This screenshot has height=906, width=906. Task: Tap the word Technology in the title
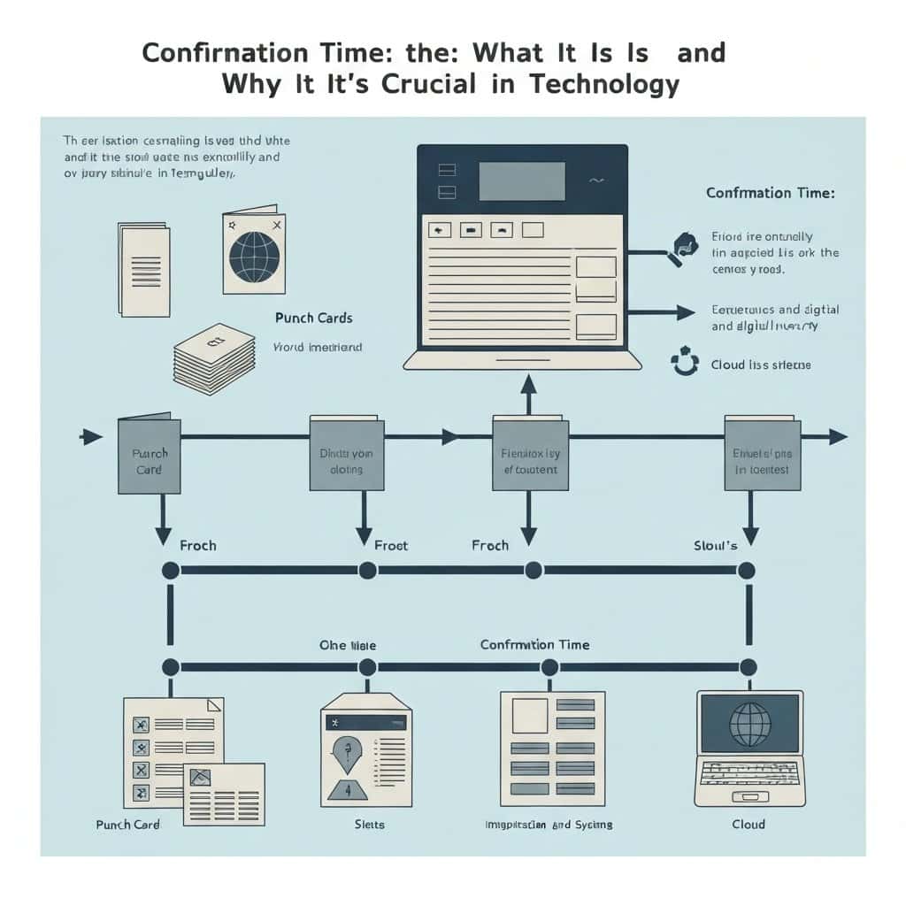click(x=605, y=84)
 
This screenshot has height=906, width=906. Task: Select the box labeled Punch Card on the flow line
click(x=149, y=456)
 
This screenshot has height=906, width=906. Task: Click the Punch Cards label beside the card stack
click(x=313, y=318)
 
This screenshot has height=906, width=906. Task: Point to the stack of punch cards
click(x=213, y=357)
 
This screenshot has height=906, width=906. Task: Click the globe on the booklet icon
click(x=254, y=257)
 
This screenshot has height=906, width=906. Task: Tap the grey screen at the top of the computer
click(x=521, y=180)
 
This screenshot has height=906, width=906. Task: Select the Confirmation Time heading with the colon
click(x=770, y=193)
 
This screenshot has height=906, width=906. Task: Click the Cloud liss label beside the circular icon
click(x=760, y=365)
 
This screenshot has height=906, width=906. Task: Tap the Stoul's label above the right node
click(x=716, y=545)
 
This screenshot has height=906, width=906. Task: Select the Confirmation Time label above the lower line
click(x=534, y=644)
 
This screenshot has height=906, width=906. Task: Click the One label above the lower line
click(x=345, y=645)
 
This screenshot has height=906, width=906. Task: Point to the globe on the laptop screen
click(x=749, y=723)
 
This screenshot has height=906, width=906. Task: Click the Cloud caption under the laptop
click(x=749, y=824)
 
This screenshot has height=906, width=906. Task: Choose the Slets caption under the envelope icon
click(x=369, y=824)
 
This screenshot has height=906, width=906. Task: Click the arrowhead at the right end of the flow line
click(x=836, y=436)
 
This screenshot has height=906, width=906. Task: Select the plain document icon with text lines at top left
click(x=143, y=269)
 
